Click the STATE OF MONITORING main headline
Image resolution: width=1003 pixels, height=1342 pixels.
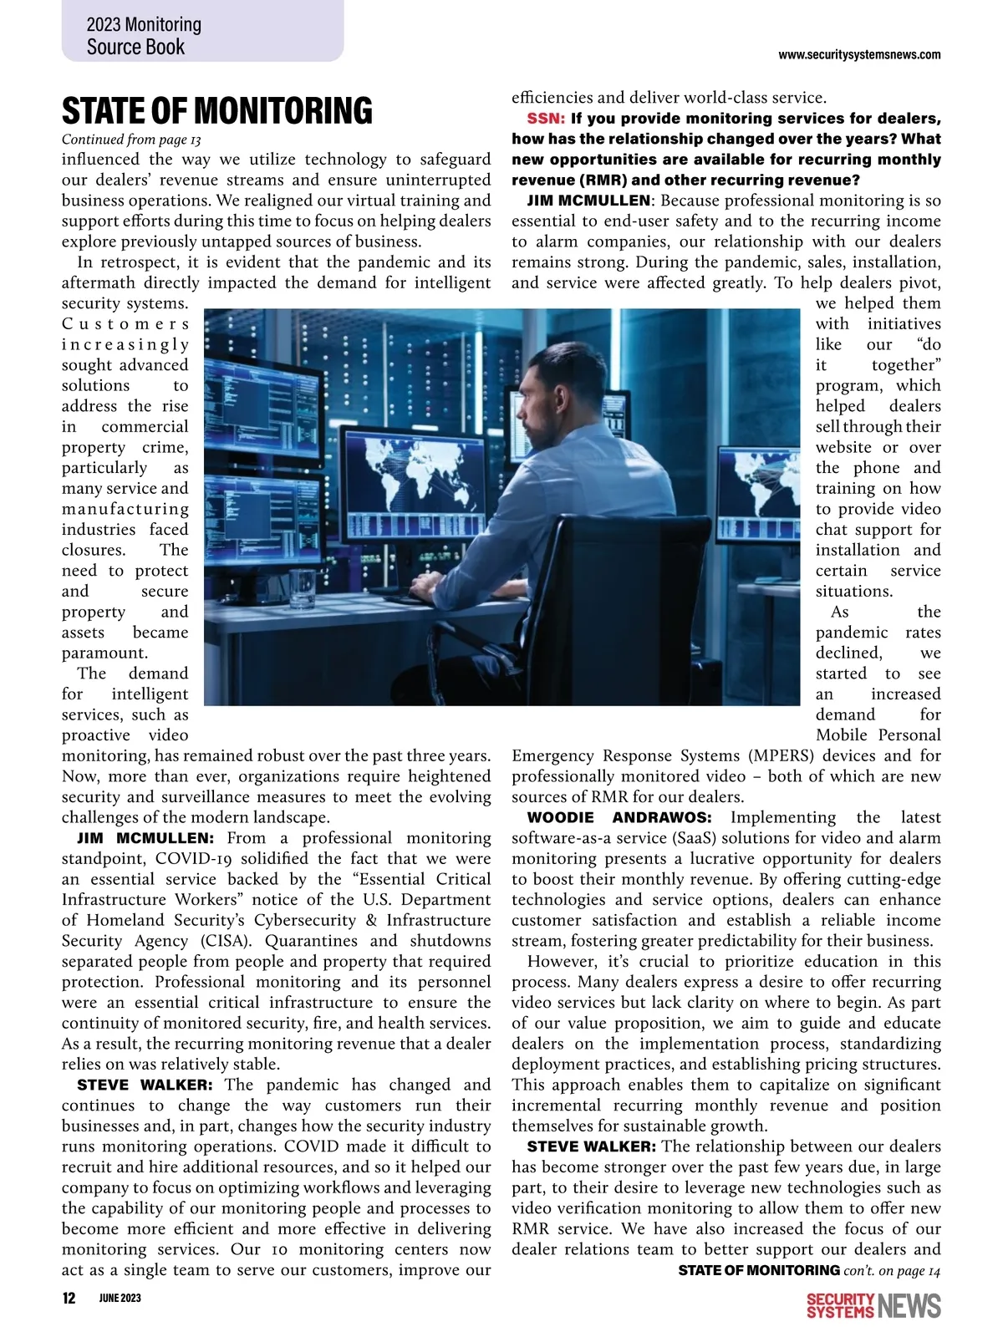pos(217,111)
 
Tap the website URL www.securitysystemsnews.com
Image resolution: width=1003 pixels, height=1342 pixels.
pos(858,55)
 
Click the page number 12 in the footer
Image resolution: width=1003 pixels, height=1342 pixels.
pos(69,1298)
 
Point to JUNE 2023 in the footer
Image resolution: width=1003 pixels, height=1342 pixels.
pos(120,1298)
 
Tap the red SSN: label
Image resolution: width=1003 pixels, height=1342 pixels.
pos(546,119)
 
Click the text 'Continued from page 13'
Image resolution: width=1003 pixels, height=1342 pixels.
pos(131,140)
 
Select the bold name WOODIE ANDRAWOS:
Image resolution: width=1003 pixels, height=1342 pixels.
pos(619,818)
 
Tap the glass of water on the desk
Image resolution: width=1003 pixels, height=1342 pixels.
pos(302,590)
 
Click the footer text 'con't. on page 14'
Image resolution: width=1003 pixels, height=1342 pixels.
pos(892,1271)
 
